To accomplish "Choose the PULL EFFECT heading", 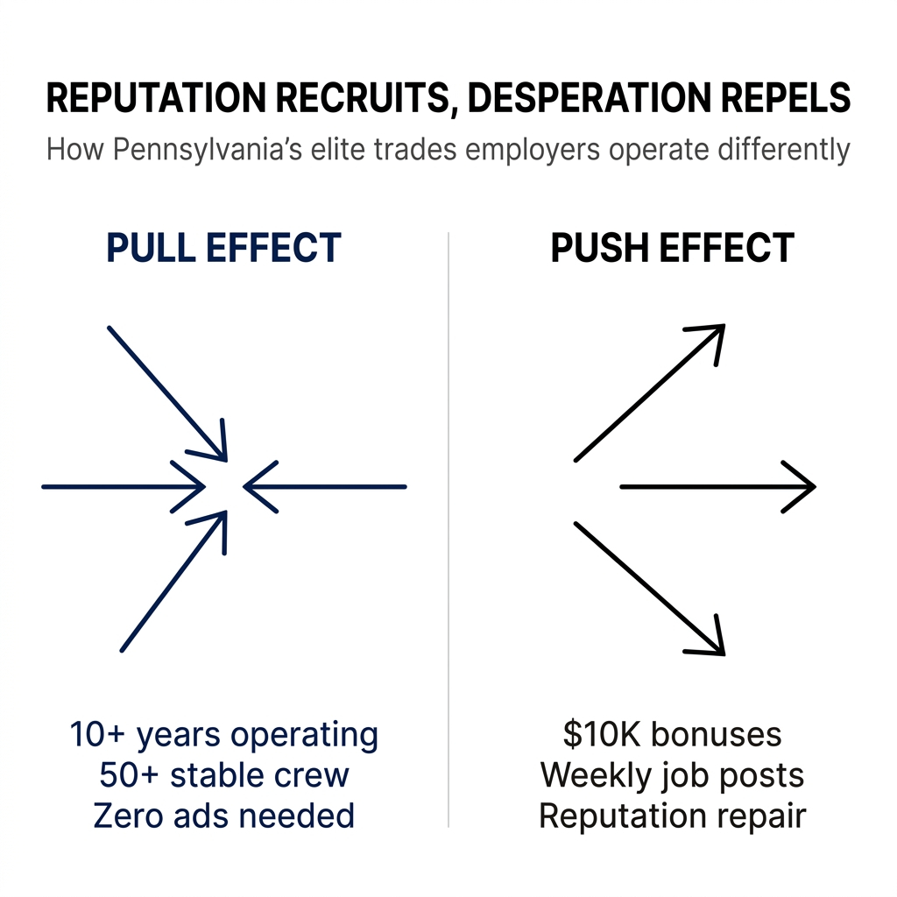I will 223,249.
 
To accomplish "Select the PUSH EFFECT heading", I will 672,249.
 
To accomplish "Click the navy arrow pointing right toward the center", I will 123,486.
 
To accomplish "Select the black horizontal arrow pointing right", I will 717,486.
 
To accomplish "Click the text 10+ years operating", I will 223,734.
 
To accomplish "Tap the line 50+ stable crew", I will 223,775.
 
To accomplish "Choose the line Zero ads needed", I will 223,816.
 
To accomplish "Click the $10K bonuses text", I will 672,734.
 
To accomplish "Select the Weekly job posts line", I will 672,775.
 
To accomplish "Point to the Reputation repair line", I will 672,816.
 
